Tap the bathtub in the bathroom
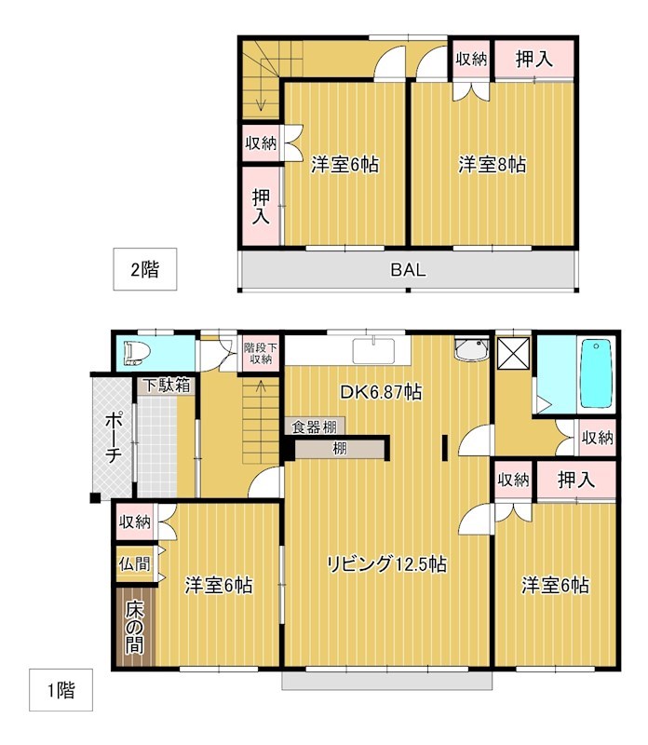(596, 373)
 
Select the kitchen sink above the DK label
(373, 351)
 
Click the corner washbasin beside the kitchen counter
(472, 349)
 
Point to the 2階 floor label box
(145, 269)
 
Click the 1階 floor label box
(61, 690)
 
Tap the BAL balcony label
(408, 270)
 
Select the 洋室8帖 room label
(493, 165)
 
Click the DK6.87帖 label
(381, 392)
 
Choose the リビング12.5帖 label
(386, 564)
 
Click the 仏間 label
(134, 564)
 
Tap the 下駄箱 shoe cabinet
(168, 385)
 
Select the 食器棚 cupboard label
(314, 427)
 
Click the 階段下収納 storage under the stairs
(261, 354)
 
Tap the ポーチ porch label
(113, 437)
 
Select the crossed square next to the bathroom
(513, 353)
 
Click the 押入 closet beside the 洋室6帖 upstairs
(262, 206)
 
